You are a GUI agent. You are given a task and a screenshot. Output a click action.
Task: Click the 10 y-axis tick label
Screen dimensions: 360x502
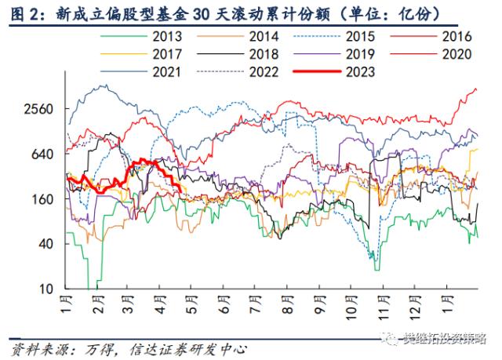(45, 289)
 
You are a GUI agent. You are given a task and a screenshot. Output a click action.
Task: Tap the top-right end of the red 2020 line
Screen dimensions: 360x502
(476, 89)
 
